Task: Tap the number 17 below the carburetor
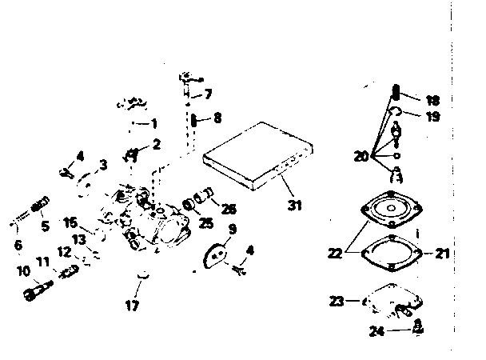133,305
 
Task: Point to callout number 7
208,94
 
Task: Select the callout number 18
432,101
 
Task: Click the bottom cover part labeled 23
394,302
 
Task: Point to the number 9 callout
231,228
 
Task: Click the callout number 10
25,270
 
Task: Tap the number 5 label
45,226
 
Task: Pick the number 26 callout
229,209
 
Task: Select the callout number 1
154,123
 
